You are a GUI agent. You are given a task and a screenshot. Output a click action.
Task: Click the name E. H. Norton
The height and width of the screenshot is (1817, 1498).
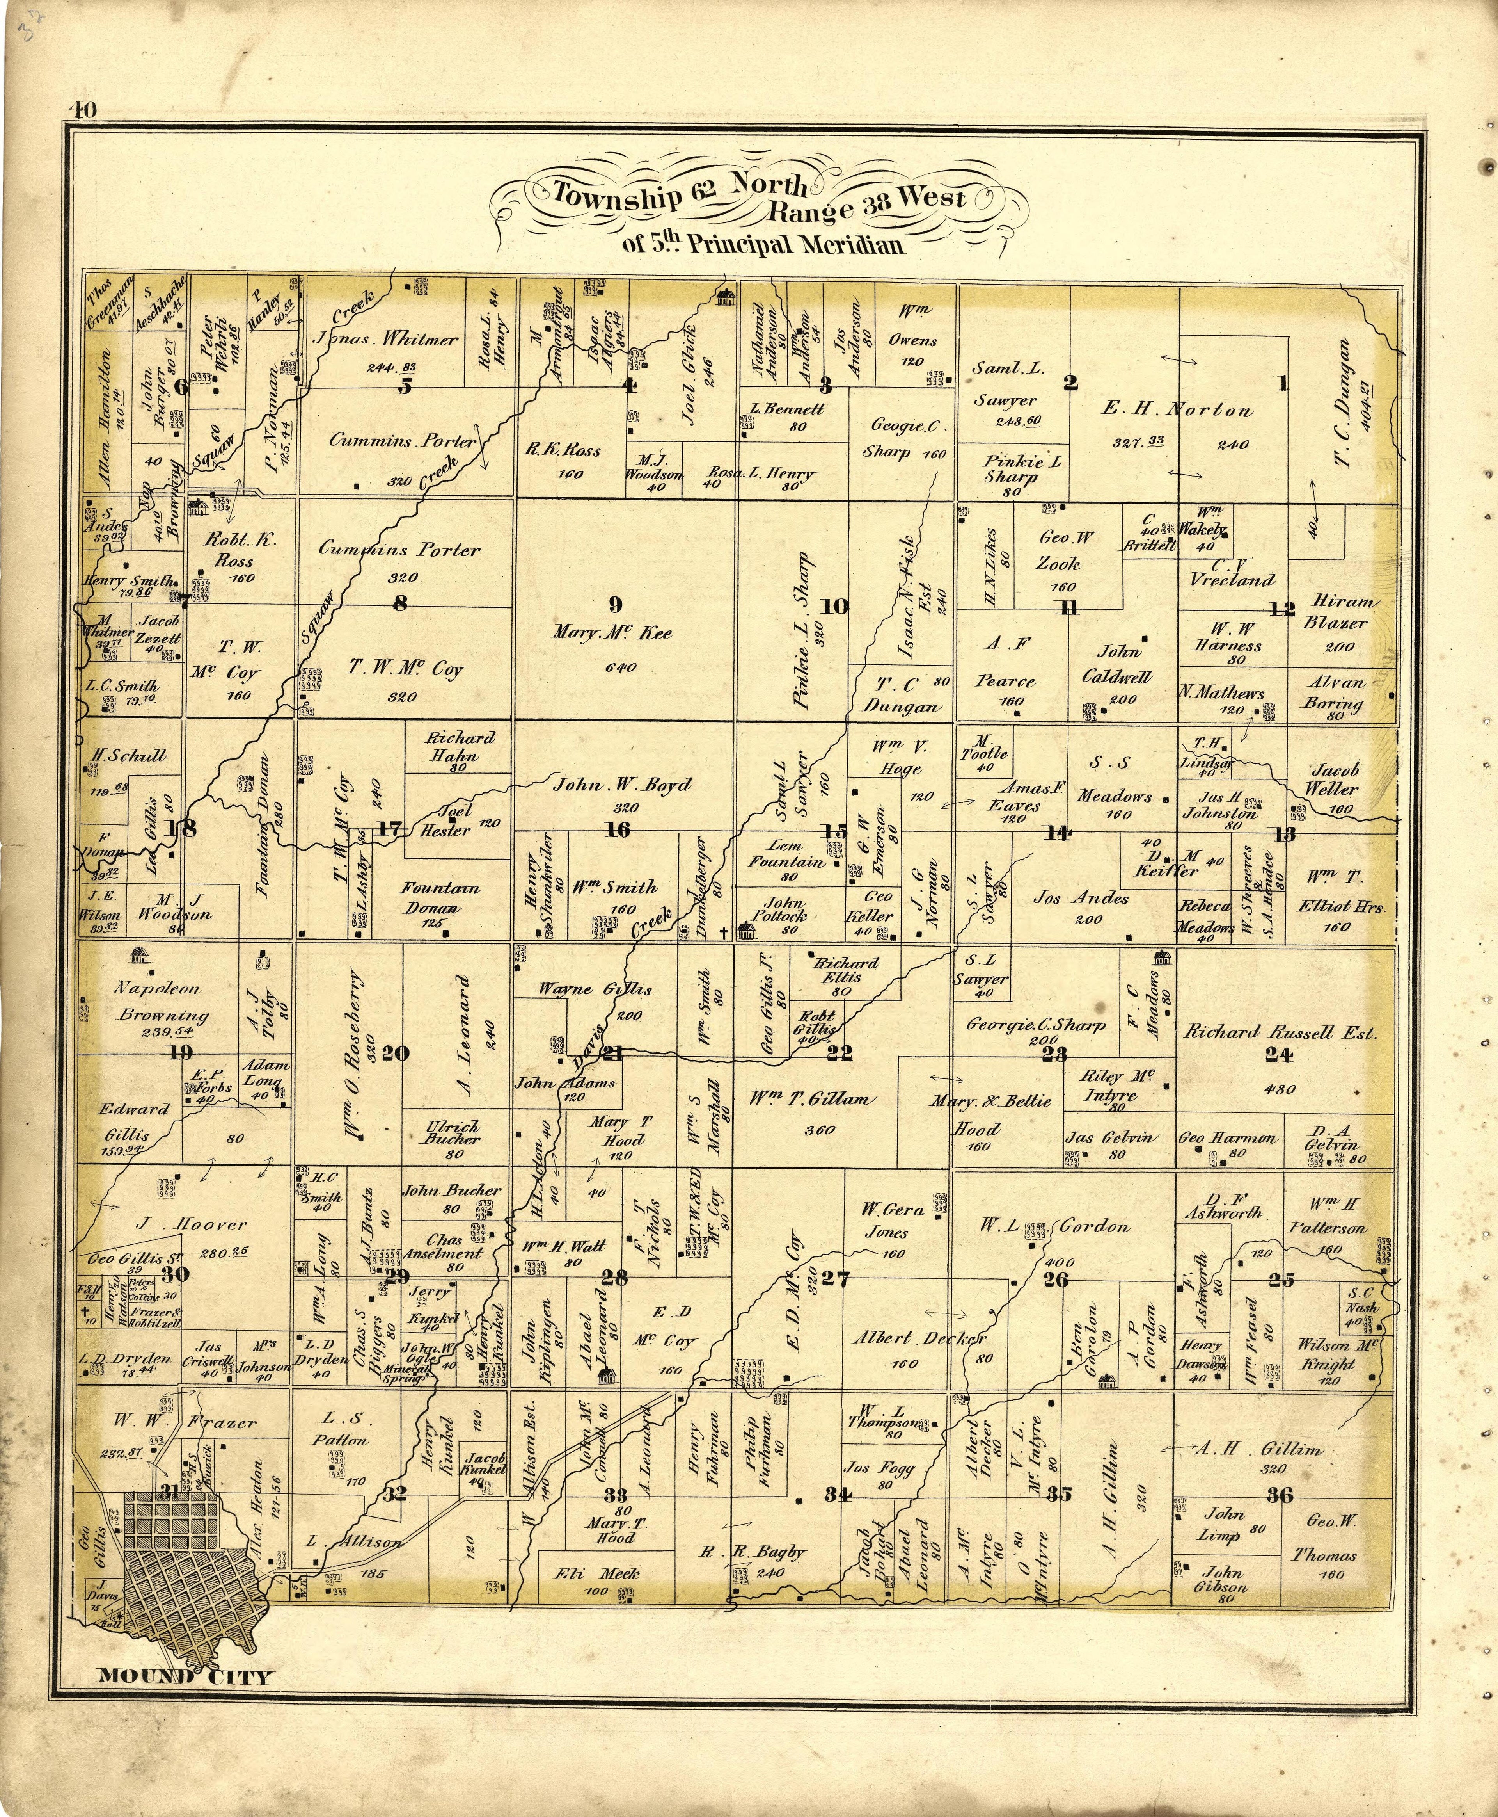pos(1177,411)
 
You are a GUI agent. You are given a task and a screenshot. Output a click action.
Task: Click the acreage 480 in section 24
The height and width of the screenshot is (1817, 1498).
pos(1281,1089)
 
